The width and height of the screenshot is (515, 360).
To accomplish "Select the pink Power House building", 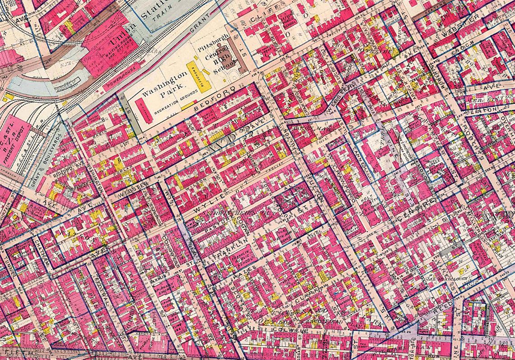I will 119,81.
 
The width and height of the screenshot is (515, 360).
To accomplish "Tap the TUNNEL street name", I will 9,266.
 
